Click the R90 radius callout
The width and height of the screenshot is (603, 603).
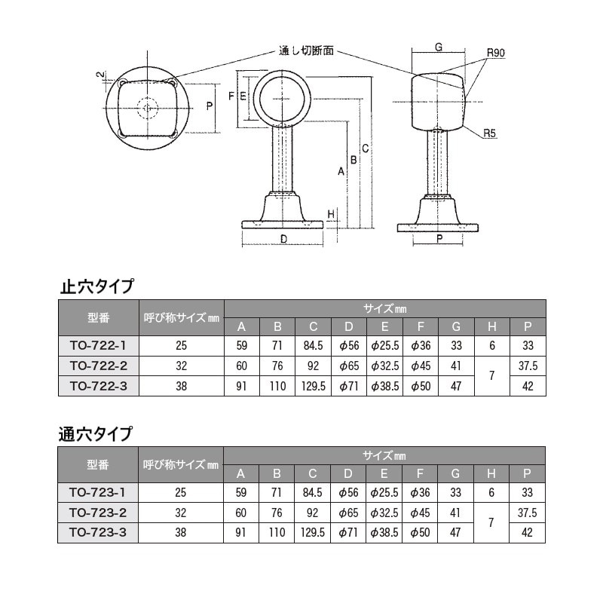pyautogui.click(x=495, y=53)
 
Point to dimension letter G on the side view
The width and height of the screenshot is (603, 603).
pyautogui.click(x=438, y=47)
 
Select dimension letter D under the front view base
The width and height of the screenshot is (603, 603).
pyautogui.click(x=283, y=239)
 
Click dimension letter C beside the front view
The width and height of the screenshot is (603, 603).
pyautogui.click(x=365, y=148)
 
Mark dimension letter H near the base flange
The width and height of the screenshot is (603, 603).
pyautogui.click(x=331, y=214)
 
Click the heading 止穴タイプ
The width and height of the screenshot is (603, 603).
pyautogui.click(x=96, y=286)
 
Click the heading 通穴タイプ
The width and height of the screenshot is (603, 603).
pyautogui.click(x=96, y=434)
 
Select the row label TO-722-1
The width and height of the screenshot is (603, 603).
pyautogui.click(x=98, y=346)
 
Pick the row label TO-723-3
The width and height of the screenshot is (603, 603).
pyautogui.click(x=98, y=532)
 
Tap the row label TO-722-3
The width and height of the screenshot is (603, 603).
pyautogui.click(x=98, y=385)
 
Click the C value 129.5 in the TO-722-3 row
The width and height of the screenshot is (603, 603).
pyautogui.click(x=312, y=385)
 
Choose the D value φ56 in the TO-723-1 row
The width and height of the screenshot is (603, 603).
pyautogui.click(x=348, y=493)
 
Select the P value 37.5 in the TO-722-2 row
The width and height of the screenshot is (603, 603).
pyautogui.click(x=528, y=366)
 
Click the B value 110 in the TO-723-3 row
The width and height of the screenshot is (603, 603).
pyautogui.click(x=277, y=532)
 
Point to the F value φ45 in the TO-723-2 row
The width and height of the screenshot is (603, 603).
pyautogui.click(x=420, y=513)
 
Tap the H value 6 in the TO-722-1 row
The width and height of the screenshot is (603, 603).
pyautogui.click(x=491, y=346)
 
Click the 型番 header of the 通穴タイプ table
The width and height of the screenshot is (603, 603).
pyautogui.click(x=98, y=464)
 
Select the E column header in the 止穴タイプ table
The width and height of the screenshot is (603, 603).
pyautogui.click(x=384, y=326)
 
